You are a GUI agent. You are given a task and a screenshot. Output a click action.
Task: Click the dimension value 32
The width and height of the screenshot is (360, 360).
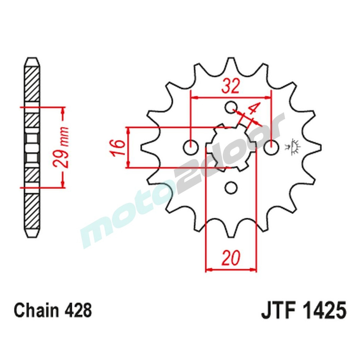(230, 86)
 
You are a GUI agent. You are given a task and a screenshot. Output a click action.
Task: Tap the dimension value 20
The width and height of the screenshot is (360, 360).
(231, 258)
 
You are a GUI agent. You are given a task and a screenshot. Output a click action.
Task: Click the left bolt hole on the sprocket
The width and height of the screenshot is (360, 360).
(191, 147)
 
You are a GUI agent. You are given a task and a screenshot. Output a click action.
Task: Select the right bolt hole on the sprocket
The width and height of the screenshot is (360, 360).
(271, 147)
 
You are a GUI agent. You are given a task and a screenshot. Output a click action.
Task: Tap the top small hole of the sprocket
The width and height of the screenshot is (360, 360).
(231, 107)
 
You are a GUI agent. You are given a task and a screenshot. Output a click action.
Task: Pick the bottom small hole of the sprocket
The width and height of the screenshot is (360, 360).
(231, 188)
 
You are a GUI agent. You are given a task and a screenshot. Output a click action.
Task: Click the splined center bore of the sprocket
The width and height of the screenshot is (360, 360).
(231, 147)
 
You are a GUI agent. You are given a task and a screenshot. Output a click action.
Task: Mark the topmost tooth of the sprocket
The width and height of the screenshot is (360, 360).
(231, 61)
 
